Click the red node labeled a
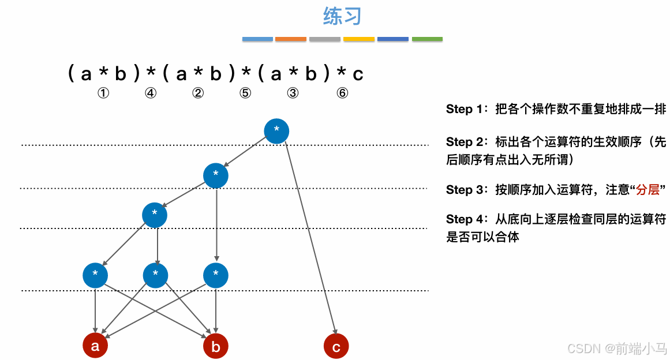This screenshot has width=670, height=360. coord(95,346)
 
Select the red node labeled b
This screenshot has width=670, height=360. coord(216,346)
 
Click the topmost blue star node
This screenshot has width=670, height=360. coord(276,131)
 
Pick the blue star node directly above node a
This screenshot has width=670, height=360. coord(95,275)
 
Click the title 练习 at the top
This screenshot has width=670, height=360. coord(342,17)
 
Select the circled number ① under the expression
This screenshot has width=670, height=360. coord(103,93)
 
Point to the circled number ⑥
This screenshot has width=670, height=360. coord(343,93)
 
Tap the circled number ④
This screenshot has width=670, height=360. coord(151,93)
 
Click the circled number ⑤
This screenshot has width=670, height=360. coord(246,93)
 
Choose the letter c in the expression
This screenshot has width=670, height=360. coord(358,74)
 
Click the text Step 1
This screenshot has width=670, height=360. coord(467,109)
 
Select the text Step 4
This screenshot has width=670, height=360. coord(467,219)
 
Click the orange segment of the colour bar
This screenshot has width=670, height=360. coord(291,39)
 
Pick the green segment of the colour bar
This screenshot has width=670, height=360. coord(428,39)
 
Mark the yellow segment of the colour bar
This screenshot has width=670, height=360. coord(359,39)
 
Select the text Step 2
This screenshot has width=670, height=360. coord(467,142)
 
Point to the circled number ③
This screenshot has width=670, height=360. coord(293,93)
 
